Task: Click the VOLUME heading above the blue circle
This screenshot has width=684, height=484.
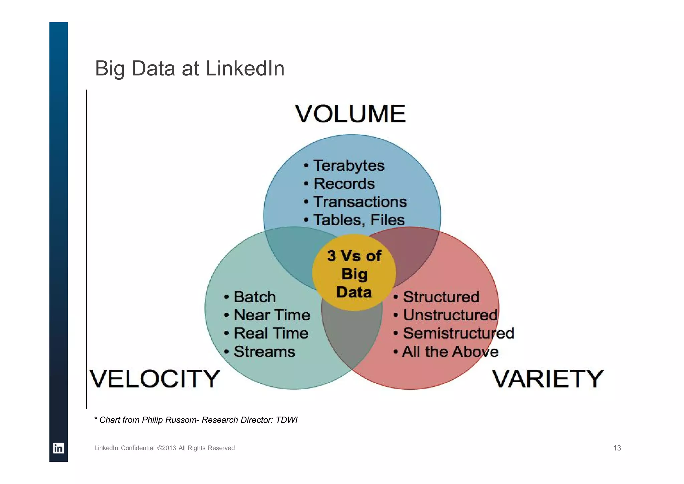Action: pos(350,114)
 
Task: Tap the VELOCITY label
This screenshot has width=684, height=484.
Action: pos(155,379)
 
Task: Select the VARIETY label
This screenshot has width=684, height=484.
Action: pos(547,379)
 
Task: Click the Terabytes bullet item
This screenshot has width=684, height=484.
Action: pos(348,166)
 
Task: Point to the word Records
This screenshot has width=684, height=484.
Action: pos(344,184)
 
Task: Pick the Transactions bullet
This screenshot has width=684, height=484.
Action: pos(360,202)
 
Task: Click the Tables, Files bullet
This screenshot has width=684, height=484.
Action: pos(358,220)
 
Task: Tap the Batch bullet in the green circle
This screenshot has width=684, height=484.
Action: pos(254,297)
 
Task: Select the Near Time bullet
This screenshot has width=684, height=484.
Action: pos(272,315)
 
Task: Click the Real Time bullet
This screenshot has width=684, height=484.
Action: pos(271,333)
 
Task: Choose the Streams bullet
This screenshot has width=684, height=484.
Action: pos(264,352)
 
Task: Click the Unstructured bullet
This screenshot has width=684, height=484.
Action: pos(450,315)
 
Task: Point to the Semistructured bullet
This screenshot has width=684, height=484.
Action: pos(458,333)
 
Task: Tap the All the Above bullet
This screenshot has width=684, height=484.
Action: pos(450,352)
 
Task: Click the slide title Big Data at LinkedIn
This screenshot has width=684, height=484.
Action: pos(189,68)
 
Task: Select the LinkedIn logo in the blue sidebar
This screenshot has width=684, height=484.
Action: pos(58,448)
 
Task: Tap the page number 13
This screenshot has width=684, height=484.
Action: pos(617,448)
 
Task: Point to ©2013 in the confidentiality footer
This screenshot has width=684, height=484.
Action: pos(166,448)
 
